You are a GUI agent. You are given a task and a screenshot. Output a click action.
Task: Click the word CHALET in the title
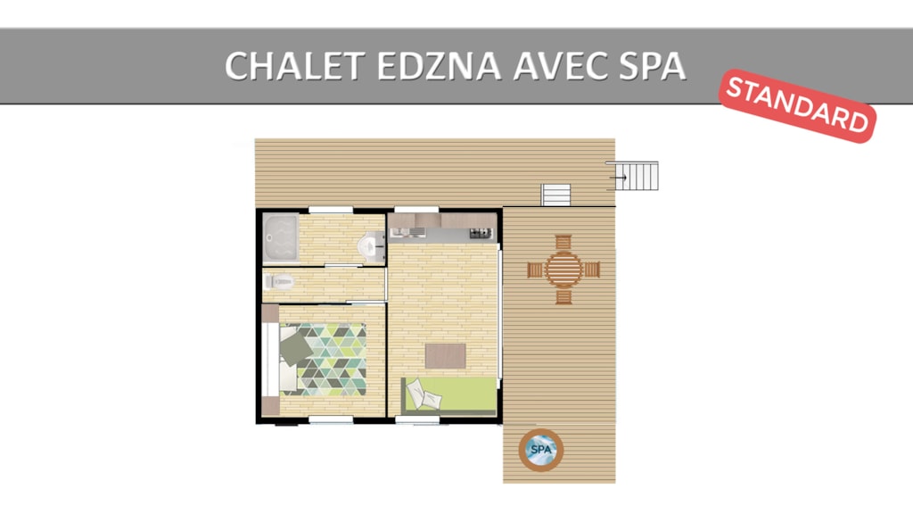(295, 66)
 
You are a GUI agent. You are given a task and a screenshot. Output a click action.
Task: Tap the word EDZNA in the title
(439, 66)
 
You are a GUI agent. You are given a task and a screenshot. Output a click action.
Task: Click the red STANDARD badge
(798, 105)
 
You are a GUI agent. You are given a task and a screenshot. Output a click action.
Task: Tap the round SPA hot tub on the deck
(541, 450)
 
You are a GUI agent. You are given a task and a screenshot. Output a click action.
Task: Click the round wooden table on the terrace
(563, 269)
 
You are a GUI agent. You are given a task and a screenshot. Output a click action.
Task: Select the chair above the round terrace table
(563, 242)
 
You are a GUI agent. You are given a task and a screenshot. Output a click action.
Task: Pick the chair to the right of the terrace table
(592, 269)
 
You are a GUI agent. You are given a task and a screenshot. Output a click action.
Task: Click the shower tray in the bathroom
(281, 237)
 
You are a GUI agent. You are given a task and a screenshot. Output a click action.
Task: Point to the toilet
(279, 282)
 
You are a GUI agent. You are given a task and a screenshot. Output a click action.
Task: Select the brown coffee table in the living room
(446, 356)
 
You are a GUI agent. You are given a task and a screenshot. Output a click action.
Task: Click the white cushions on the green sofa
(424, 394)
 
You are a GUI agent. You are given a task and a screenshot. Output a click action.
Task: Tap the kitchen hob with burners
(481, 234)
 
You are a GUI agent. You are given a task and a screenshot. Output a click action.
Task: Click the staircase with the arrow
(633, 176)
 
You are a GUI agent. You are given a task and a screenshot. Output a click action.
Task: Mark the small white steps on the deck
(556, 195)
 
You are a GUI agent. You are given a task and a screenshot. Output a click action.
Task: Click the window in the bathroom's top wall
(331, 210)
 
